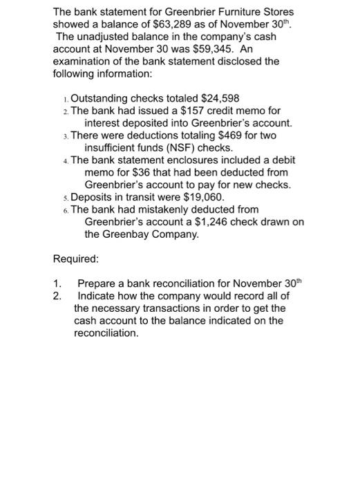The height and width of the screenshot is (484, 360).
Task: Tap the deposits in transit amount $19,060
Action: point(198,197)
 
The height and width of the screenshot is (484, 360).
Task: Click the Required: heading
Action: point(76,259)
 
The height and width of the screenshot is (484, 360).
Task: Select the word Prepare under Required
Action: point(97,283)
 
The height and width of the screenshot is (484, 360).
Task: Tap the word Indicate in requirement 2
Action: point(97,296)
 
